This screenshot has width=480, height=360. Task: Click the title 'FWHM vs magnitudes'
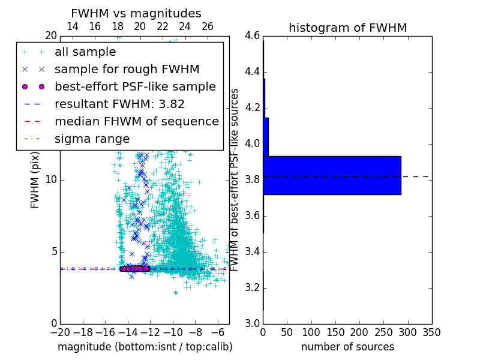click(x=136, y=13)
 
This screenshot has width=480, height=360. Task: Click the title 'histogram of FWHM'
click(x=347, y=28)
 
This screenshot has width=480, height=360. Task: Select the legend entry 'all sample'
click(x=85, y=52)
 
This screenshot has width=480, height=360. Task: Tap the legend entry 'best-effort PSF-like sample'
click(x=135, y=86)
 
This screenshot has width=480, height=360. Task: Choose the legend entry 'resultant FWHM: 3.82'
click(x=119, y=104)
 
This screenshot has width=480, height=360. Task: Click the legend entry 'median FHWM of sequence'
click(x=136, y=121)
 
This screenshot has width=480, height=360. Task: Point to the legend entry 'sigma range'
click(x=92, y=139)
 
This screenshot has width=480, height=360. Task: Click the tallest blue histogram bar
click(x=332, y=175)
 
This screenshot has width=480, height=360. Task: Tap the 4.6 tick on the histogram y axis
click(x=253, y=36)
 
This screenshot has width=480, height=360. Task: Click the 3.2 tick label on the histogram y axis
click(x=253, y=288)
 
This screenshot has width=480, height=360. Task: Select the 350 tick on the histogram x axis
click(x=431, y=332)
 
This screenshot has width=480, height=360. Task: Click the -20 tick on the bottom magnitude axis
click(x=60, y=332)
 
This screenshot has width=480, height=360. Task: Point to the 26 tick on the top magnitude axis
click(x=207, y=26)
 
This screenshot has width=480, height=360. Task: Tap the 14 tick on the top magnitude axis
click(x=72, y=26)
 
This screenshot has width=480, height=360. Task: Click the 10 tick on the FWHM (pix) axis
click(x=50, y=180)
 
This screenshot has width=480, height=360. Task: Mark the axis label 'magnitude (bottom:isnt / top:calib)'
click(x=145, y=347)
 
